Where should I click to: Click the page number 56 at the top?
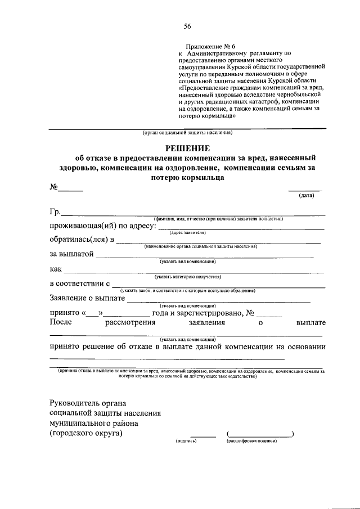187,26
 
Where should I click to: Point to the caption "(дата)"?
306,195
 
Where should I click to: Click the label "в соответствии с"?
79,284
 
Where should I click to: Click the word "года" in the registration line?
161,313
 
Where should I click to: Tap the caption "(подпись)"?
186,442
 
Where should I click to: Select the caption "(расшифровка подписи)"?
252,442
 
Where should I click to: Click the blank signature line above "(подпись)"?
202,436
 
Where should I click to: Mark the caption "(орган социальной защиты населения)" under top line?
187,133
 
